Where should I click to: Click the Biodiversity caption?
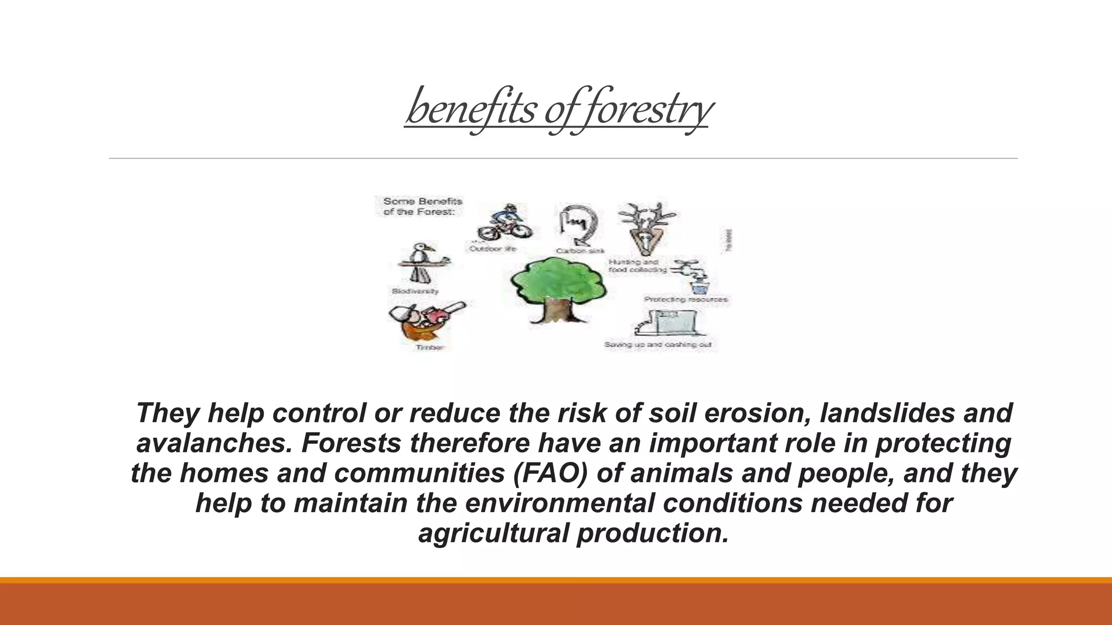tap(415, 291)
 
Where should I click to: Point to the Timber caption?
tap(429, 348)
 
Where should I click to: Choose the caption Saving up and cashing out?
tap(658, 345)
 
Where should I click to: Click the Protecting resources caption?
tap(685, 299)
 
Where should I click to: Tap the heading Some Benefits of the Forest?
tap(422, 207)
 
